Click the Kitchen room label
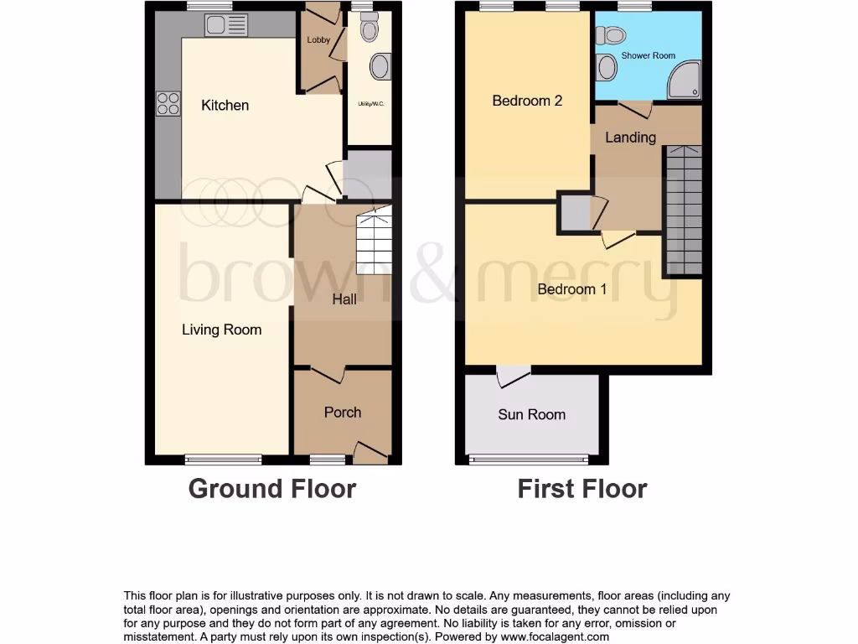(225, 106)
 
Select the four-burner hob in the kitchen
(168, 103)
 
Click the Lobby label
(318, 39)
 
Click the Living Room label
(221, 330)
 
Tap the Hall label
(344, 299)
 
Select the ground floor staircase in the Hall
(374, 243)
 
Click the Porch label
(343, 412)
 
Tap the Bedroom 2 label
(527, 101)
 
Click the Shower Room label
(648, 56)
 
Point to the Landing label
(630, 138)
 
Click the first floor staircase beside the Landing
(684, 210)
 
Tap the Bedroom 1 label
(572, 289)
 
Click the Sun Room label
(531, 414)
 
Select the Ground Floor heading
(272, 488)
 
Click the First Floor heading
(582, 488)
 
